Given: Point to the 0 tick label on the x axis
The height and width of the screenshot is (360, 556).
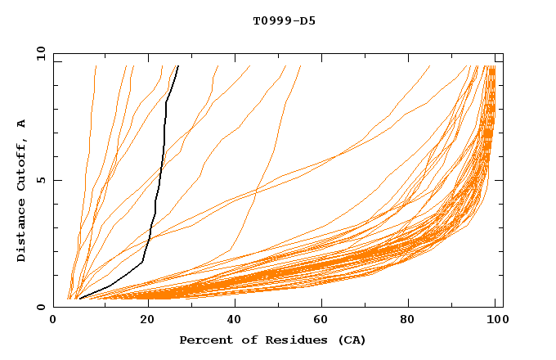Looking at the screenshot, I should click(53, 321).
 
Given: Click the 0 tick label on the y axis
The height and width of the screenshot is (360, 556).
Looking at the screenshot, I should click(41, 308).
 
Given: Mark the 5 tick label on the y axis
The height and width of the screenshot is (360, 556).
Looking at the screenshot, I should click(41, 180).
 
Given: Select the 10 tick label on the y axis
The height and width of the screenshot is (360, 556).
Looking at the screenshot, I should click(38, 53).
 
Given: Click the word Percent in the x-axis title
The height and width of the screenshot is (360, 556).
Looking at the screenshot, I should click(204, 340).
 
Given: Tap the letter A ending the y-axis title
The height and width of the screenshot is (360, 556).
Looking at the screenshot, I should click(22, 124).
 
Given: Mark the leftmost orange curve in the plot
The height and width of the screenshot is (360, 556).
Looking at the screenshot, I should click(87, 164).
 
